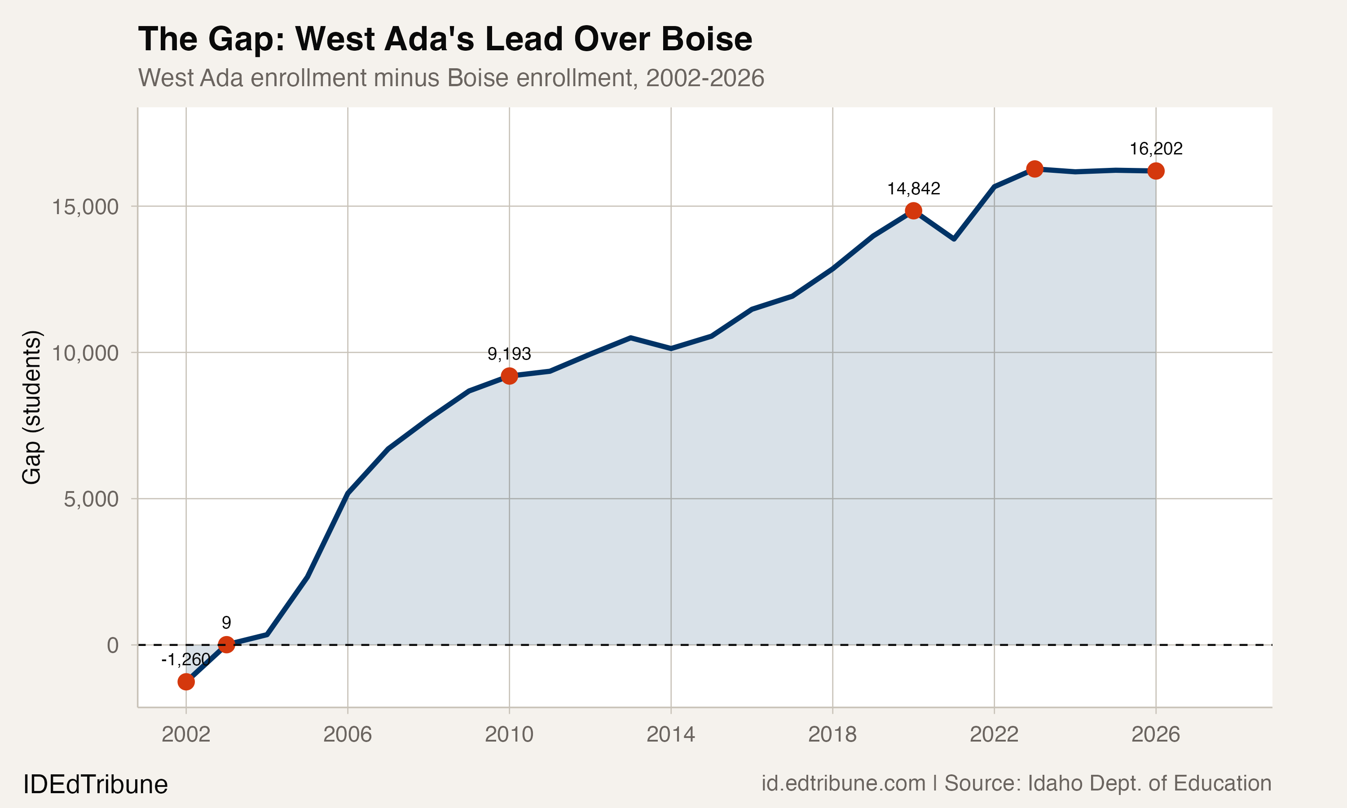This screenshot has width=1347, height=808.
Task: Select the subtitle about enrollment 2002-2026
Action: (x=451, y=78)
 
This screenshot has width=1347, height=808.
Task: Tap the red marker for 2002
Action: (x=186, y=682)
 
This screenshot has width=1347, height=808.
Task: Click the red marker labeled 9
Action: (x=226, y=645)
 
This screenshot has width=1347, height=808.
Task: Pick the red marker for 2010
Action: (x=509, y=376)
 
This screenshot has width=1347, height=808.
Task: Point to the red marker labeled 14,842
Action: (x=914, y=211)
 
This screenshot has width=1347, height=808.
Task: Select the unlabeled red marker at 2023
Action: (x=1034, y=169)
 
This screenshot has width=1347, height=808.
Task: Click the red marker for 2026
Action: (x=1156, y=171)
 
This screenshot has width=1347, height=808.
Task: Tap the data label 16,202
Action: (x=1156, y=149)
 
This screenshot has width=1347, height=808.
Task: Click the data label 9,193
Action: (x=509, y=354)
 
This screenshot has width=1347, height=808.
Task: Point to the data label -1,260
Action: (x=186, y=659)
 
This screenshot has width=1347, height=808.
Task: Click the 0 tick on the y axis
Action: (x=113, y=645)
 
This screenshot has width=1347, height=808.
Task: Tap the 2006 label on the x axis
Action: (x=348, y=734)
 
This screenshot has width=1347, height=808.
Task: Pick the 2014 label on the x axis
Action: (x=671, y=734)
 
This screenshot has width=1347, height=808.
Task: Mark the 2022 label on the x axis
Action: (x=994, y=734)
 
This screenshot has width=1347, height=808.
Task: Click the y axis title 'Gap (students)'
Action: (x=31, y=407)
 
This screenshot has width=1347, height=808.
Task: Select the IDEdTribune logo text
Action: (x=95, y=785)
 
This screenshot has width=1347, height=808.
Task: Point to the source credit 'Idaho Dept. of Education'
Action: (x=1149, y=783)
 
